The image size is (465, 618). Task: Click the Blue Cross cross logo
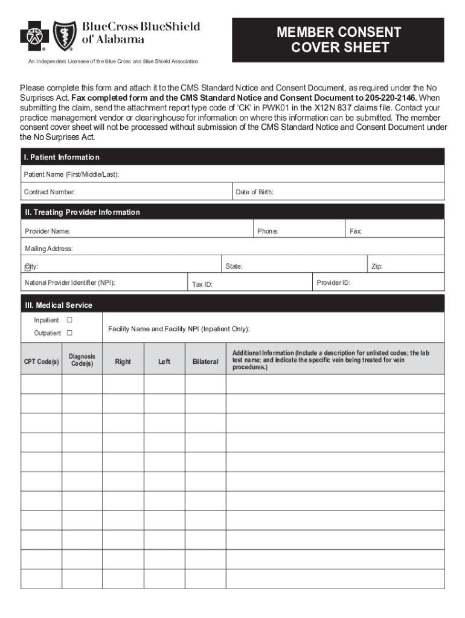(34, 36)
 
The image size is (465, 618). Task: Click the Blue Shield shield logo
(65, 36)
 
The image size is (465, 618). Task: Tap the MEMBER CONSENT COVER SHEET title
(338, 40)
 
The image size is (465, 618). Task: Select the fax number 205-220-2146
(391, 98)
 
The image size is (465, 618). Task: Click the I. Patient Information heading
(62, 158)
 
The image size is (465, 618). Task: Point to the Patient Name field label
(71, 174)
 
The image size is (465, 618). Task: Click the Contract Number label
(50, 192)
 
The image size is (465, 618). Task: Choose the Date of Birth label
(254, 192)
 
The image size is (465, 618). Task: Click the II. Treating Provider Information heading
(82, 212)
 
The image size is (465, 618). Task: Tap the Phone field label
(268, 231)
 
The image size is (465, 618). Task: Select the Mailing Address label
(49, 249)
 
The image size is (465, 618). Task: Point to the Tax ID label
(202, 284)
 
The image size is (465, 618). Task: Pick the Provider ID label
(333, 282)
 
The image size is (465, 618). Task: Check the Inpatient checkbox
(69, 320)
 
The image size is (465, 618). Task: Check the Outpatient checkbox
(69, 333)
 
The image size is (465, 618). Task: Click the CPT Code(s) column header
(41, 362)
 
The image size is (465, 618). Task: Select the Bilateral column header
(205, 362)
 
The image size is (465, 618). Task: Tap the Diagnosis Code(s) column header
(82, 361)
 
